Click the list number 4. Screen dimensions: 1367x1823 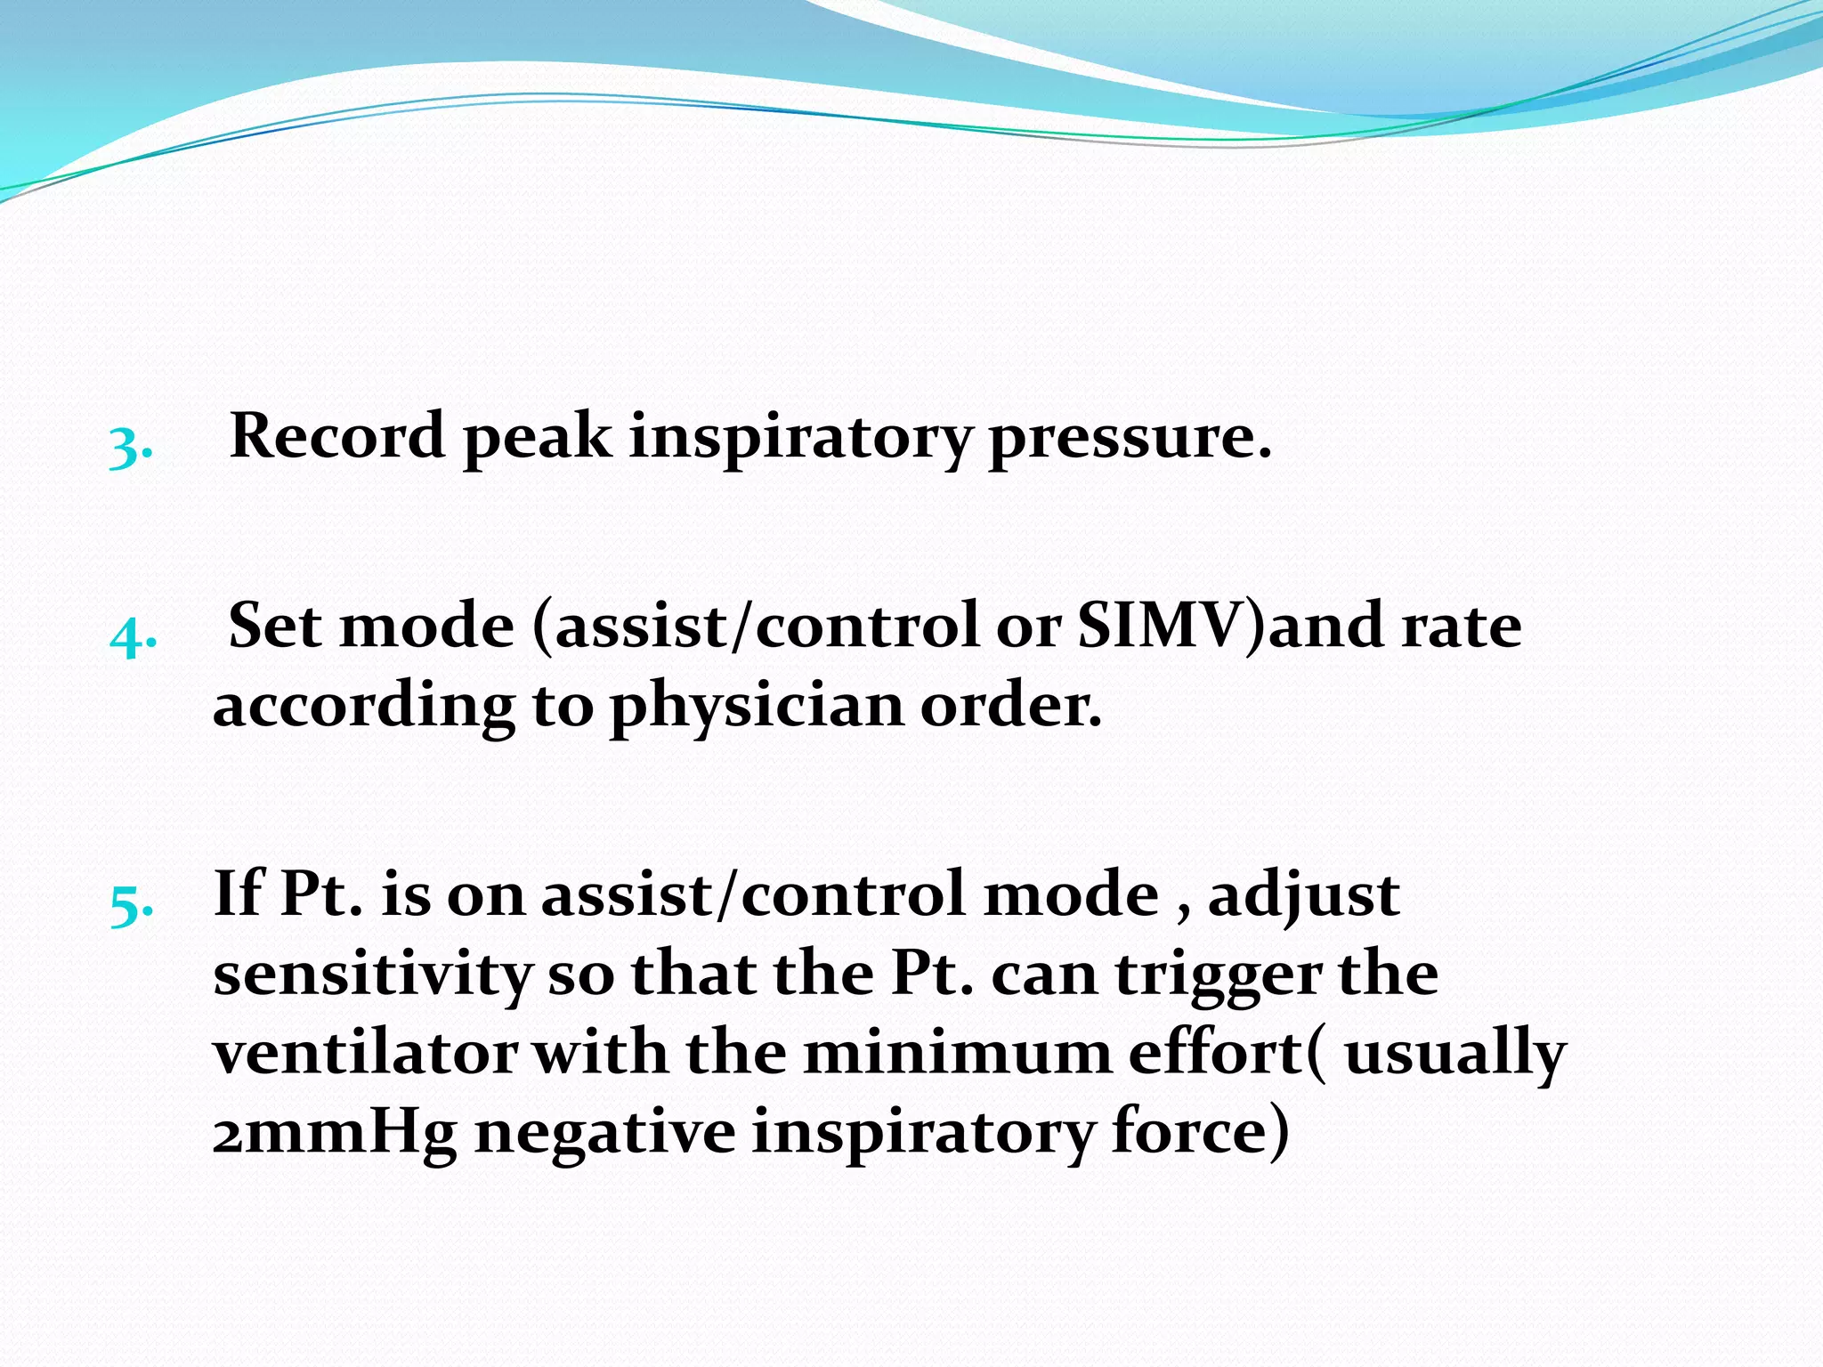tap(133, 635)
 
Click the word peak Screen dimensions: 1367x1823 tap(537, 438)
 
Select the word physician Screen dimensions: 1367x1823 tap(756, 708)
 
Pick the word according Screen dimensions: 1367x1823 tap(363, 708)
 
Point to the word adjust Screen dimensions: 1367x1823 tap(1303, 895)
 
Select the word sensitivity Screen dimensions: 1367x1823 tap(372, 974)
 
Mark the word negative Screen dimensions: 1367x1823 tap(604, 1132)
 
